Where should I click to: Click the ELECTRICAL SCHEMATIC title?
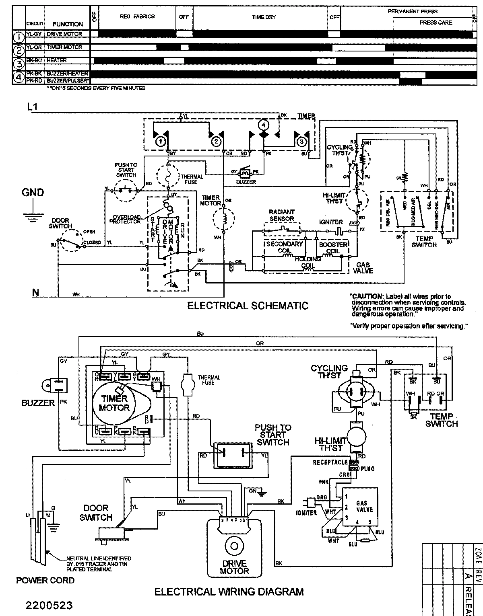click(248, 306)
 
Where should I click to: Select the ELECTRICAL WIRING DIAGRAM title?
click(229, 592)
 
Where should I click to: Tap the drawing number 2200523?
click(44, 605)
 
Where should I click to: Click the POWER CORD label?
click(45, 581)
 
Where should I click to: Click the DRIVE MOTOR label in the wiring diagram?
click(235, 567)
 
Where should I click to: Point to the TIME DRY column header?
click(264, 17)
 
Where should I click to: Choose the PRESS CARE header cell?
click(436, 23)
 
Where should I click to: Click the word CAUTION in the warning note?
click(364, 296)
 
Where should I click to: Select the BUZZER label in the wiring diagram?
click(38, 403)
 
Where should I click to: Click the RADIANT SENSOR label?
click(282, 215)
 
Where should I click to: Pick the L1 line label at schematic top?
click(32, 107)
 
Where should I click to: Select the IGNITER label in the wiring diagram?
click(306, 513)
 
